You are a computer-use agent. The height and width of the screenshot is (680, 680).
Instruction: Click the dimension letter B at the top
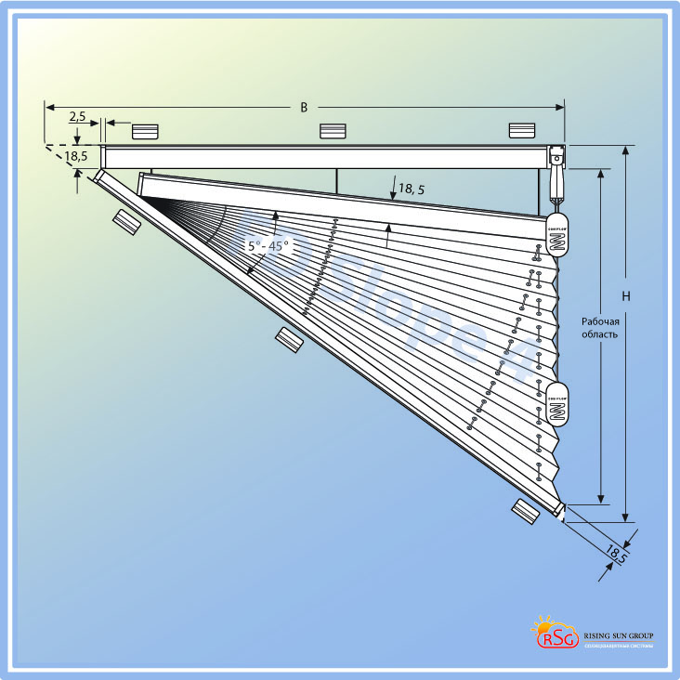tap(304, 108)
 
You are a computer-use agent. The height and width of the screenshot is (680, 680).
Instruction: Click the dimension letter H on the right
tap(626, 296)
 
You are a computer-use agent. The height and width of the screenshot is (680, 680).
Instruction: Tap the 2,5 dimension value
tap(77, 118)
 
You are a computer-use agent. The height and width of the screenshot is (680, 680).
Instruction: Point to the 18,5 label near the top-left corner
tap(76, 155)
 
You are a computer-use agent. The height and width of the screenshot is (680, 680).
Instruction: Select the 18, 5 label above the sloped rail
tap(412, 189)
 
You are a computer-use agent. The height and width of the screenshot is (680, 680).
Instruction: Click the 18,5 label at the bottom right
tap(616, 554)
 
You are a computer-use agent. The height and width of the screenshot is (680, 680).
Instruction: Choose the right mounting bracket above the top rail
tap(522, 131)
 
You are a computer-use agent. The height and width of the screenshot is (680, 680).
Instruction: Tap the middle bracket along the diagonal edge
tap(290, 339)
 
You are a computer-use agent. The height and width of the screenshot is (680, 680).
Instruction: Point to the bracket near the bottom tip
tap(526, 509)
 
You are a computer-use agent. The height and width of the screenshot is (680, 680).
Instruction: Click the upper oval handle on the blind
tap(556, 241)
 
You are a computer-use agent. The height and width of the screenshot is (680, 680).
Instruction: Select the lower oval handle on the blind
tap(556, 403)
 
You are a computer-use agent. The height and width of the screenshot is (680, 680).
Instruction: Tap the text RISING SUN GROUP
tap(618, 636)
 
